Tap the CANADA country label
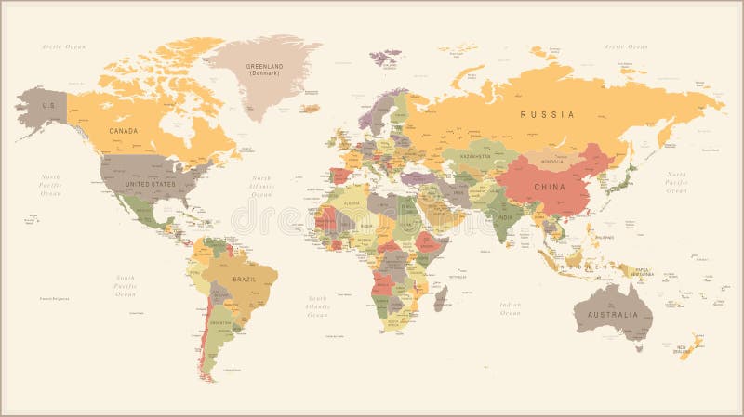tap(124, 131)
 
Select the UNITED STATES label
tap(150, 184)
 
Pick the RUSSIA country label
tap(547, 114)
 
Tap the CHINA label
tap(551, 187)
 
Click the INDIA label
tap(503, 216)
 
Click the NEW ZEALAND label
tap(673, 349)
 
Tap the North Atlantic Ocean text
tap(262, 186)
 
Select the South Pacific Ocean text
tap(126, 285)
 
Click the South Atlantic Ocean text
tap(318, 306)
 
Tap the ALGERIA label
tap(351, 202)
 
